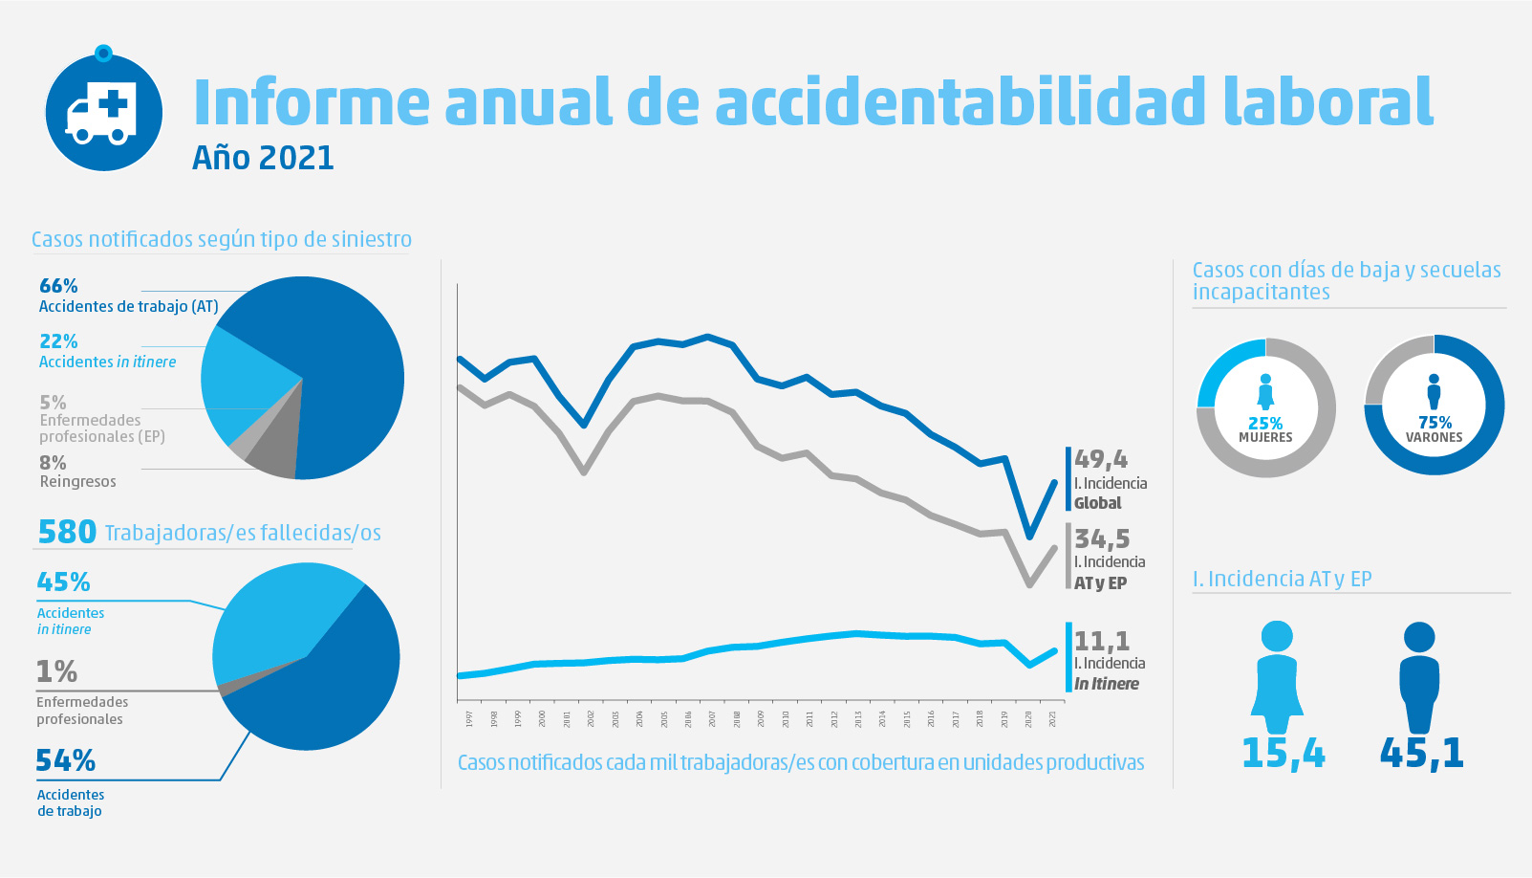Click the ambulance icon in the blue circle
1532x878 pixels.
coord(101,113)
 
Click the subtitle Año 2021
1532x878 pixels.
coord(263,158)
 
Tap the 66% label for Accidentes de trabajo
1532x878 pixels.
coord(58,286)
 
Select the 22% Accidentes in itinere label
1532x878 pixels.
coord(58,341)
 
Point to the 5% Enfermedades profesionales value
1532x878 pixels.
coord(53,403)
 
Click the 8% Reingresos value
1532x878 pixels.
coord(53,463)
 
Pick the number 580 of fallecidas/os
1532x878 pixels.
coord(67,532)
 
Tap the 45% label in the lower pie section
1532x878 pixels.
coord(63,582)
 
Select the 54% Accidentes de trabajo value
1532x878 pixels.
coord(65,760)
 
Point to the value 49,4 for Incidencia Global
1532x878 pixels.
coord(1100,459)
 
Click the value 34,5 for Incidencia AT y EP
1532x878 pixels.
coord(1101,538)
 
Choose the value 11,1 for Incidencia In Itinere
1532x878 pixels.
coord(1101,640)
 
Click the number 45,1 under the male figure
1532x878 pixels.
coord(1421,754)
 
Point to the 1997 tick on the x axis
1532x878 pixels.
coord(469,718)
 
